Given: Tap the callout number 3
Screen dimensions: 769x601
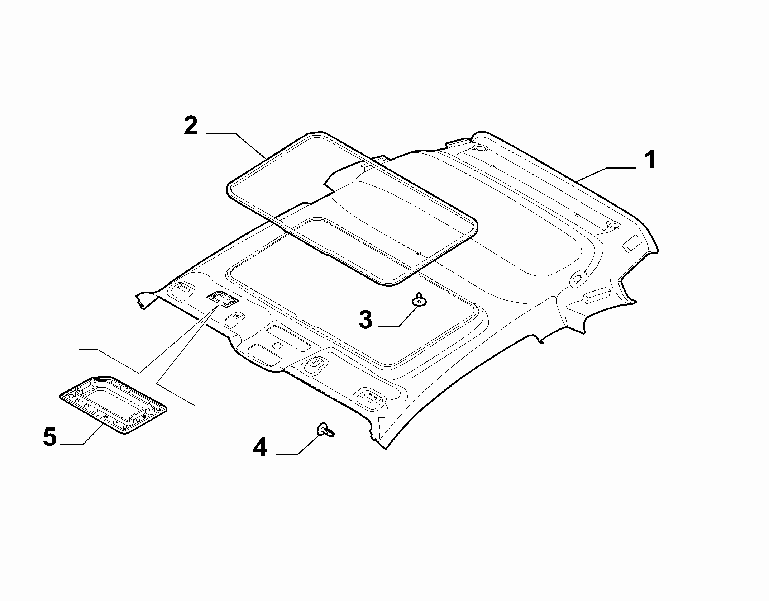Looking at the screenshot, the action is (x=366, y=320).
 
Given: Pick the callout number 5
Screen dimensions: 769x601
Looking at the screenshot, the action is (x=49, y=437).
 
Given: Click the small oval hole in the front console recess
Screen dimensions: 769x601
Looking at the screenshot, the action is (x=277, y=346).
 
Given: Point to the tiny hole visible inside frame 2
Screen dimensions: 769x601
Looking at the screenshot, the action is (x=419, y=254).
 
